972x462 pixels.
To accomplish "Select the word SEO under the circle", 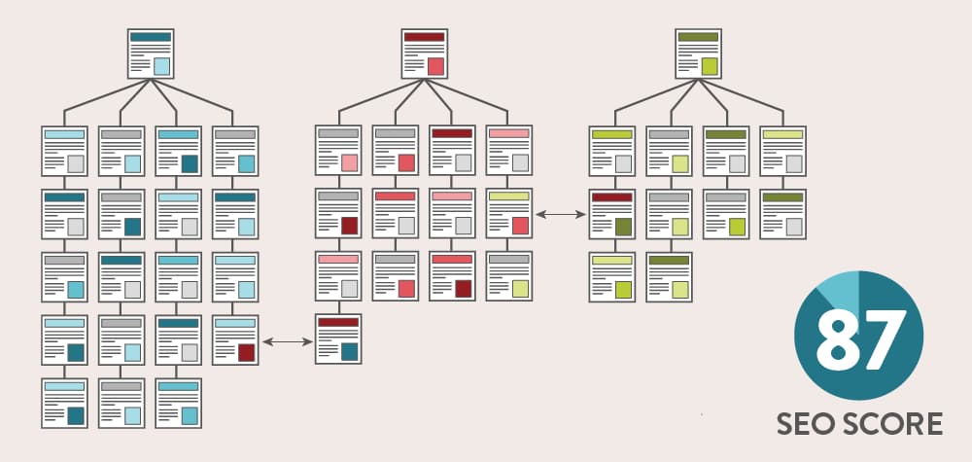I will coord(805,424).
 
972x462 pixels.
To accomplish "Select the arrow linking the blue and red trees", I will coord(287,340).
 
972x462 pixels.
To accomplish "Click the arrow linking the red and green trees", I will coord(561,213).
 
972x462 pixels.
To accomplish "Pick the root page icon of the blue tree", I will coord(152,53).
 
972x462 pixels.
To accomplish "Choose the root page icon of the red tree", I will coord(425,53).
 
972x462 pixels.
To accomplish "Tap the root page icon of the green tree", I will coord(699,53).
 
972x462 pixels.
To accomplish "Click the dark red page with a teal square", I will coord(338,339).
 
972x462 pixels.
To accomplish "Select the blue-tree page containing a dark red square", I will coord(235,339).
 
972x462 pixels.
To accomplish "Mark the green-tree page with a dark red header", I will coord(612,214).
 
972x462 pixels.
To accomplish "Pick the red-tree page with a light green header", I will coord(509,214).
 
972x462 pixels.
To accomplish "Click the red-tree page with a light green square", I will coord(509,276).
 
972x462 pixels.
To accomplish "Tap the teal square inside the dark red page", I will coord(349,351).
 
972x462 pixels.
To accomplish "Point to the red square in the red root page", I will coord(435,66).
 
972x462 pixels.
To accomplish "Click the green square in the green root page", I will coord(710,66).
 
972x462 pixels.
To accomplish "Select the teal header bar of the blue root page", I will coord(152,37).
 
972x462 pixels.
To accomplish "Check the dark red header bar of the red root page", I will coord(425,37).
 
